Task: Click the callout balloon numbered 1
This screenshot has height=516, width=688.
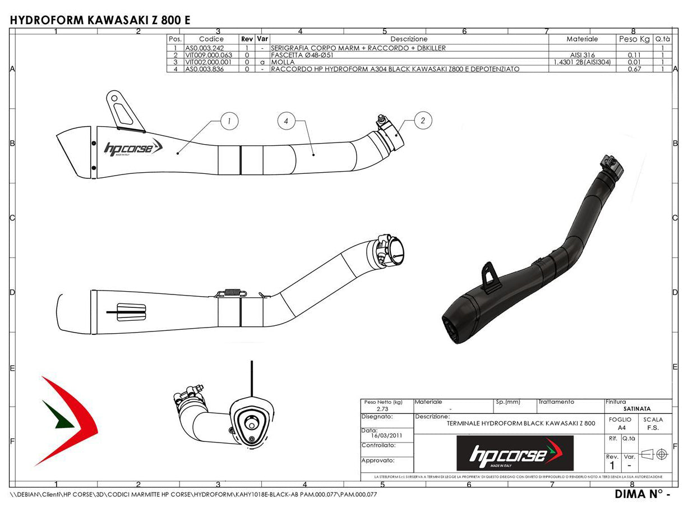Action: tap(229, 120)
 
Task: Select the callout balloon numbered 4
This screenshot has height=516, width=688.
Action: tap(286, 121)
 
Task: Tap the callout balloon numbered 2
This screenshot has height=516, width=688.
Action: tap(423, 119)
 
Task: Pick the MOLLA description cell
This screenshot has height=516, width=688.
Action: tap(283, 62)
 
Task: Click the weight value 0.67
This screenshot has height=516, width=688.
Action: tap(634, 69)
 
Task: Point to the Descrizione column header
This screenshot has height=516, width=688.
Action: tap(409, 39)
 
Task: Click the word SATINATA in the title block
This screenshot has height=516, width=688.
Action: tap(637, 409)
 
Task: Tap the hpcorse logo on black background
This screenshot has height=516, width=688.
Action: tap(515, 453)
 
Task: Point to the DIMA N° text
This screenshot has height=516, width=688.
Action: tap(642, 494)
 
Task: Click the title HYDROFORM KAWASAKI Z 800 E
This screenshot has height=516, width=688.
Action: tap(100, 20)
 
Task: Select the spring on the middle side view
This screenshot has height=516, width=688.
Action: tap(231, 291)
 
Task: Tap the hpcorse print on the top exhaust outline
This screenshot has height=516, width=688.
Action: tap(133, 148)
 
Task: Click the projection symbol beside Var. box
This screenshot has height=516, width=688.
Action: tap(654, 453)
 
